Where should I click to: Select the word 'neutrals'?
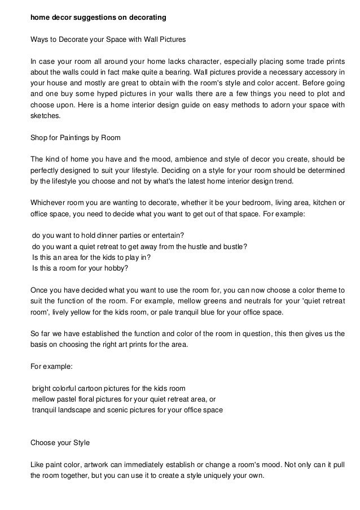tap(259, 301)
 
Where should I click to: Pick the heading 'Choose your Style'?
tap(59, 442)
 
